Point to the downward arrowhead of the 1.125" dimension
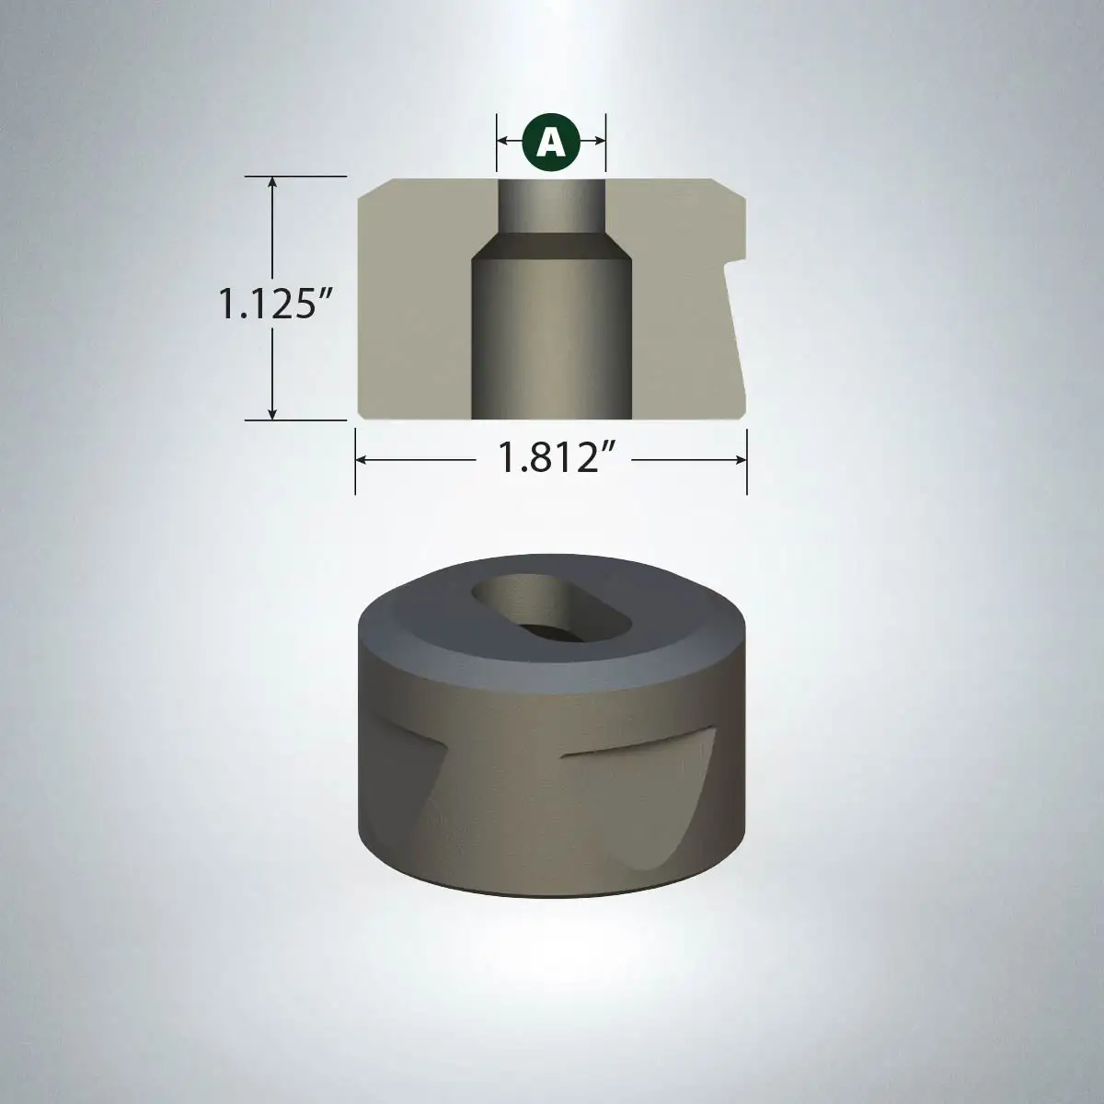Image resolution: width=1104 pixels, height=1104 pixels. point(272,411)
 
